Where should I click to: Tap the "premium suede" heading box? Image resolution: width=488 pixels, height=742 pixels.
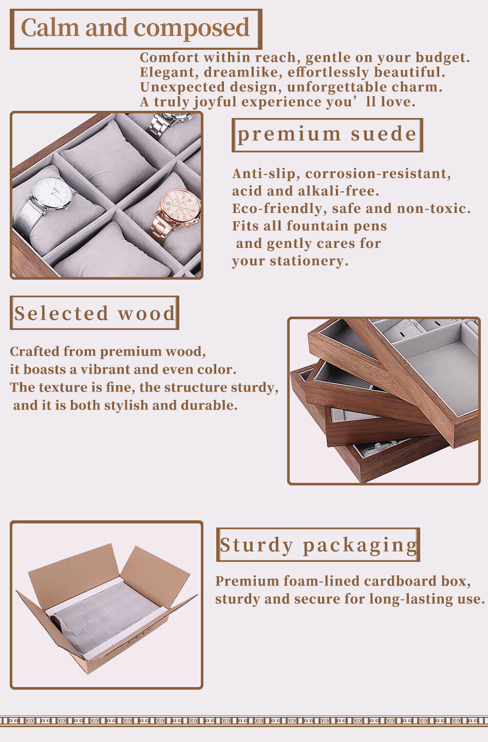[327, 135]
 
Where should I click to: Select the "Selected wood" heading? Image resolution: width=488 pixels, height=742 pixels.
[95, 313]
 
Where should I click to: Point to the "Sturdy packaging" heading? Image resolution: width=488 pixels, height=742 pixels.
[318, 545]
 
